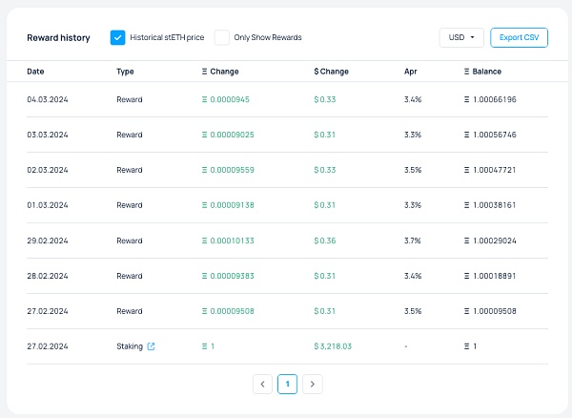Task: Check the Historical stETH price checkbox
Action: [x=118, y=37]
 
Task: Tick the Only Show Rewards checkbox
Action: [x=222, y=37]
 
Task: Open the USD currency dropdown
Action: [x=461, y=37]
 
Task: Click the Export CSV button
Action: [x=519, y=37]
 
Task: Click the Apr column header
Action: [x=410, y=72]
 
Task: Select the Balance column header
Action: [x=482, y=72]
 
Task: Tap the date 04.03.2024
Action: [x=48, y=99]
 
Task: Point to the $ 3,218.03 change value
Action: [x=333, y=346]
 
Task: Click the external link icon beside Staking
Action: [x=152, y=346]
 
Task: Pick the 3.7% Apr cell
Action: [x=412, y=240]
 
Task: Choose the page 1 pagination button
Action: [x=287, y=384]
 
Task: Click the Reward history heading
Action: [x=58, y=38]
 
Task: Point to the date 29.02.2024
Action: [x=48, y=240]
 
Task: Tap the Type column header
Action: [x=125, y=72]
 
